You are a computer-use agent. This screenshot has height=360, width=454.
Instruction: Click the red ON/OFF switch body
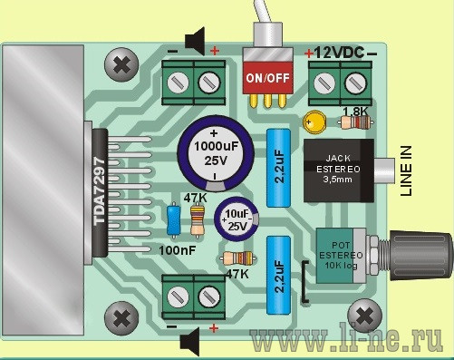[x=267, y=77]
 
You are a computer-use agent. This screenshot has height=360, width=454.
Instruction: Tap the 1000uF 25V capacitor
[x=215, y=153]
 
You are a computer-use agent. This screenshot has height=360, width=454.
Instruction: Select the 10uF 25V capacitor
[x=237, y=219]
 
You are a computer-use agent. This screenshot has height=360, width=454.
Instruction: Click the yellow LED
[x=314, y=122]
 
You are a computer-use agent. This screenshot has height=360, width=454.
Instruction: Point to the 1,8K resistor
[x=356, y=122]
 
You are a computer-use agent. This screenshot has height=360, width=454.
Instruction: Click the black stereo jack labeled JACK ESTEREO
[x=339, y=170]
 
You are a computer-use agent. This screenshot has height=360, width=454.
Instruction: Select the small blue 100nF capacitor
[x=174, y=219]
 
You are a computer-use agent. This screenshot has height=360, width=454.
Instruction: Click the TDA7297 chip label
[x=100, y=191]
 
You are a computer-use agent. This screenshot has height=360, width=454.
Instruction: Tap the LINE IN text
[x=406, y=170]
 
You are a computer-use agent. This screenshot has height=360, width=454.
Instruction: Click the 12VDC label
[x=340, y=54]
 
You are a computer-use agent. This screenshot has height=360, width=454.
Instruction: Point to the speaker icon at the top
[x=195, y=41]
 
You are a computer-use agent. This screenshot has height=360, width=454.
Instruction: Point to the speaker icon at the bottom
[x=189, y=342]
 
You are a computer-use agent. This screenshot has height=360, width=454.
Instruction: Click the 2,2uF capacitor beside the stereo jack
[x=278, y=168]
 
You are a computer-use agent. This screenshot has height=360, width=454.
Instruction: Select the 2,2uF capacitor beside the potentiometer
[x=278, y=276]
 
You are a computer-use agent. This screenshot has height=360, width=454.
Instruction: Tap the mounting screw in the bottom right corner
[x=365, y=316]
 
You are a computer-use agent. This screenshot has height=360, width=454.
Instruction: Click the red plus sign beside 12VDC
[x=309, y=54]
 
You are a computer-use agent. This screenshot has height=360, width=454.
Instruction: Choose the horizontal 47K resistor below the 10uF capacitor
[x=238, y=258]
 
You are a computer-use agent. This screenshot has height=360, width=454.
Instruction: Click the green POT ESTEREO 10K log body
[x=337, y=256]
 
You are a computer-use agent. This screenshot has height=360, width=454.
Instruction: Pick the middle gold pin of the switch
[x=267, y=101]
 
